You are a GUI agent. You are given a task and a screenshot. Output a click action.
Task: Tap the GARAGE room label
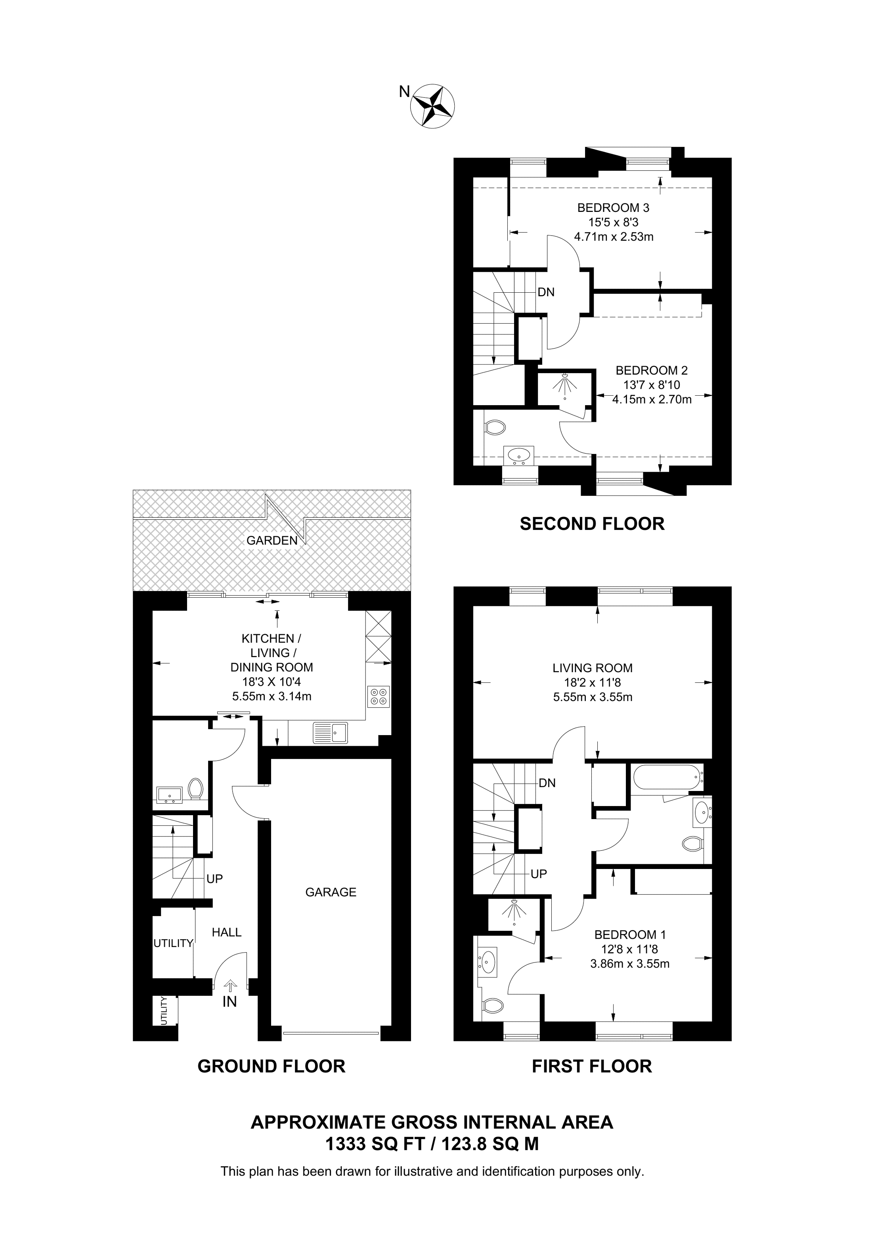[x=331, y=892]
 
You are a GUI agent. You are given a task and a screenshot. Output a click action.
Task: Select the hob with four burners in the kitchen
[x=378, y=697]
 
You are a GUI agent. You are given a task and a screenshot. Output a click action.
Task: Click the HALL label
[x=226, y=933]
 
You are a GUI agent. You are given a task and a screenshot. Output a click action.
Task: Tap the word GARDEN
[x=272, y=541]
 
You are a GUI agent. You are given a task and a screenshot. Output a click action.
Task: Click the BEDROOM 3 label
[x=613, y=208]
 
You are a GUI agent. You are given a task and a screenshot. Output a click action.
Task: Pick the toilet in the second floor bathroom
[x=495, y=428]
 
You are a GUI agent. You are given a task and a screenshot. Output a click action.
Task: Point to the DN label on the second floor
[x=546, y=292]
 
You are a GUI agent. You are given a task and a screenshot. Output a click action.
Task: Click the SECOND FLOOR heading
[x=591, y=524]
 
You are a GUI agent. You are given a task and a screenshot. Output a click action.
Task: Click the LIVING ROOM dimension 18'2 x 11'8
[x=592, y=682]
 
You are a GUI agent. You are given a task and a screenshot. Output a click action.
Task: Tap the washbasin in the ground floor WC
[x=169, y=794]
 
